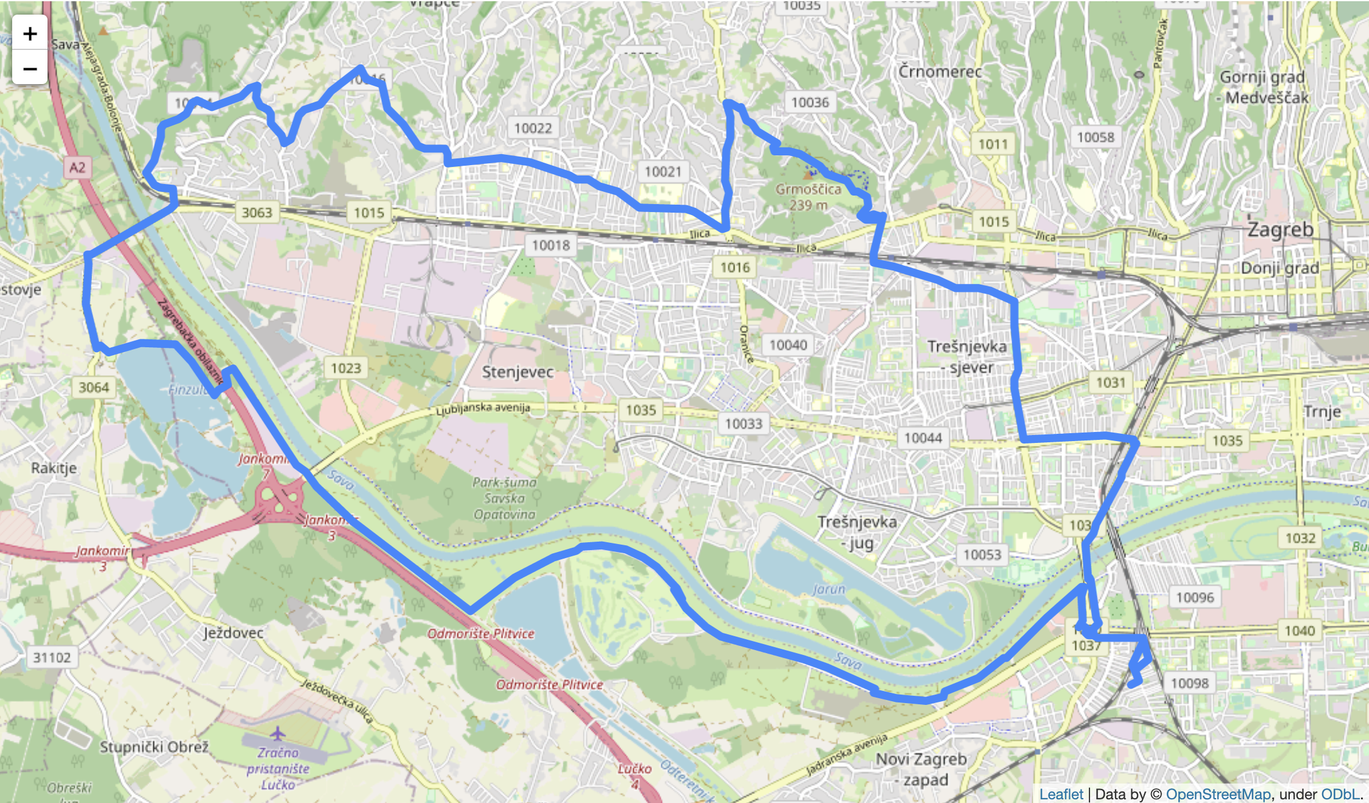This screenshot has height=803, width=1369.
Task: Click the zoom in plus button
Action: pyautogui.click(x=30, y=34)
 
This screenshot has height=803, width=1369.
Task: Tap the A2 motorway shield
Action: pyautogui.click(x=77, y=168)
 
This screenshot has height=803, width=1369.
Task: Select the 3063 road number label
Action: pyautogui.click(x=256, y=213)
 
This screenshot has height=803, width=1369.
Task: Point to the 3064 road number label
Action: pyautogui.click(x=94, y=387)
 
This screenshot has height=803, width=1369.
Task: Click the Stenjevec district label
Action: pyautogui.click(x=518, y=372)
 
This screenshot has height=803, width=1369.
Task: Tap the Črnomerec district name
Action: pyautogui.click(x=940, y=72)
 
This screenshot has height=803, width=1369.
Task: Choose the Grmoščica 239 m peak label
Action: pyautogui.click(x=808, y=197)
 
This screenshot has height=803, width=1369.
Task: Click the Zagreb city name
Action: pyautogui.click(x=1280, y=230)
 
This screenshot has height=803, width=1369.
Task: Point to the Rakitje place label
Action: pyautogui.click(x=54, y=468)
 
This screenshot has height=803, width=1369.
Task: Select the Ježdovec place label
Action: pyautogui.click(x=233, y=633)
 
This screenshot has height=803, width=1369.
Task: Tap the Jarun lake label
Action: pyautogui.click(x=829, y=589)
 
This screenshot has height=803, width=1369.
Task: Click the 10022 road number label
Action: pyautogui.click(x=533, y=128)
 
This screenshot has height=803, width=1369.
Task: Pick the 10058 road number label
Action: pyautogui.click(x=1095, y=137)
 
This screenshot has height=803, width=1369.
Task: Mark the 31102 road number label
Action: pyautogui.click(x=52, y=657)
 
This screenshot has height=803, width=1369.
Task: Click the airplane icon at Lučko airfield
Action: pyautogui.click(x=278, y=733)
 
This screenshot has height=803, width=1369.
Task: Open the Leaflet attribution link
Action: pyautogui.click(x=1061, y=794)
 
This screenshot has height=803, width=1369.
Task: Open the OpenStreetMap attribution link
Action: pyautogui.click(x=1217, y=794)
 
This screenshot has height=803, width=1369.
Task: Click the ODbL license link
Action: pyautogui.click(x=1340, y=794)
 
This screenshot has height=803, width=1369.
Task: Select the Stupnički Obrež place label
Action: pyautogui.click(x=154, y=747)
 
